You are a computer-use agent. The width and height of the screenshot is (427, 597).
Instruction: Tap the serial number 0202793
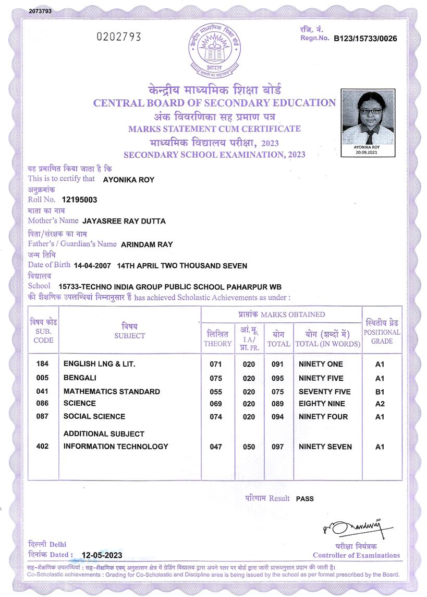click(x=119, y=37)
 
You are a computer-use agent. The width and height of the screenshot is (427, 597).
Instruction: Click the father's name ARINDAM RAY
click(x=147, y=244)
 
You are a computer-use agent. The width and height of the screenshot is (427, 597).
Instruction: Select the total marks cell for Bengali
click(x=277, y=378)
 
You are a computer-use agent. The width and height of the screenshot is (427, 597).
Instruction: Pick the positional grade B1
click(x=380, y=392)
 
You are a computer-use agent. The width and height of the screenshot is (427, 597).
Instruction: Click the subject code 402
click(x=43, y=447)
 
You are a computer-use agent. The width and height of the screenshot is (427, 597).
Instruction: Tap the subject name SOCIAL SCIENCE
click(x=94, y=416)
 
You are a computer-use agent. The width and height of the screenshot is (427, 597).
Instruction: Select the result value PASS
click(x=305, y=499)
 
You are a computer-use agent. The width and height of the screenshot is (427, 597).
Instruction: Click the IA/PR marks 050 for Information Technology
click(x=249, y=447)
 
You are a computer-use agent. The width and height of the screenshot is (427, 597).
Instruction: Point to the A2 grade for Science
click(x=380, y=404)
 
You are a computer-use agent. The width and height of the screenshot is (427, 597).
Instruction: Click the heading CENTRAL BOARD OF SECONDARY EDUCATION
click(x=214, y=103)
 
